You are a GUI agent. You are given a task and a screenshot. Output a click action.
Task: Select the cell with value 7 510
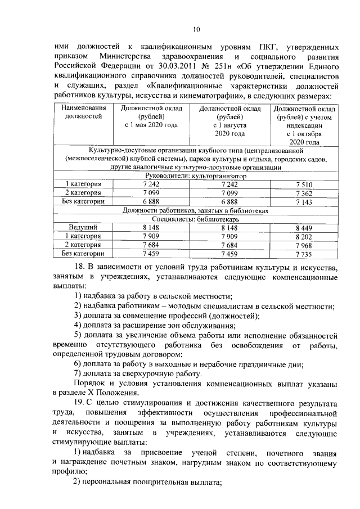[303, 184]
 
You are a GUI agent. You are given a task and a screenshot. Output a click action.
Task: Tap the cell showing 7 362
[303, 192]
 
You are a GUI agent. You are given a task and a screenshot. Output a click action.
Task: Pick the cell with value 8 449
[303, 228]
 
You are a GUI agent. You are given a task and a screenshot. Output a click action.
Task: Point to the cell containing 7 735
[303, 254]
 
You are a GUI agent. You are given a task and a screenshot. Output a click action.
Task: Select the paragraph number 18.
[80, 266]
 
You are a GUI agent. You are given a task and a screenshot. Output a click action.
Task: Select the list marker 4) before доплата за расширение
[79, 325]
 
